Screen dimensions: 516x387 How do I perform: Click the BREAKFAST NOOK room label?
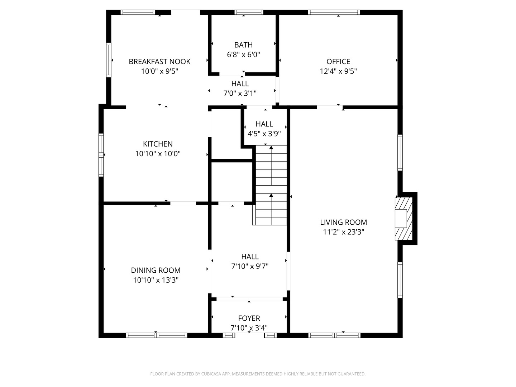click(x=159, y=62)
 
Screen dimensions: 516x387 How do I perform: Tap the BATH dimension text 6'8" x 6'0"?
click(x=243, y=55)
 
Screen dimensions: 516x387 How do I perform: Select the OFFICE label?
click(x=338, y=62)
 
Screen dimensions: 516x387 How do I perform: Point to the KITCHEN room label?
click(x=158, y=144)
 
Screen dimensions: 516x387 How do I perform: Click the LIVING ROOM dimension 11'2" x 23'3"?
click(x=343, y=232)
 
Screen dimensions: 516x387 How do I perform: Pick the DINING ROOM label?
click(x=156, y=270)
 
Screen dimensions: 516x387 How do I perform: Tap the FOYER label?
click(x=249, y=318)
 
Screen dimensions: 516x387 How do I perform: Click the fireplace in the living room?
click(x=403, y=219)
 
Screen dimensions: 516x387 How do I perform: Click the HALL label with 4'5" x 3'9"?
click(x=264, y=124)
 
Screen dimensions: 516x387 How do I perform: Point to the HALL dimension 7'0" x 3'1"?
click(x=240, y=94)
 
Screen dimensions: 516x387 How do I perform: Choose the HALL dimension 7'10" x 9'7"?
click(x=250, y=267)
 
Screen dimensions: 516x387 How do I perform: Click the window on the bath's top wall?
click(x=249, y=12)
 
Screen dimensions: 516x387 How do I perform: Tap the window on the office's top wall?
click(x=334, y=12)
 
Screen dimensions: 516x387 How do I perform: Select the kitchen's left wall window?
click(x=101, y=155)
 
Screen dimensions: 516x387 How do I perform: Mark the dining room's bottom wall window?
click(x=157, y=335)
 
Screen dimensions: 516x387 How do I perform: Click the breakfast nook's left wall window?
click(x=109, y=60)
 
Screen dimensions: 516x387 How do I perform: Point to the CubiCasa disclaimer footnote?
click(x=258, y=374)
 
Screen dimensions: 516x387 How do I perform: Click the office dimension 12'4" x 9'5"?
click(x=338, y=71)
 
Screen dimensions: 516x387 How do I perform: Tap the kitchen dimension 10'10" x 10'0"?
click(x=158, y=154)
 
